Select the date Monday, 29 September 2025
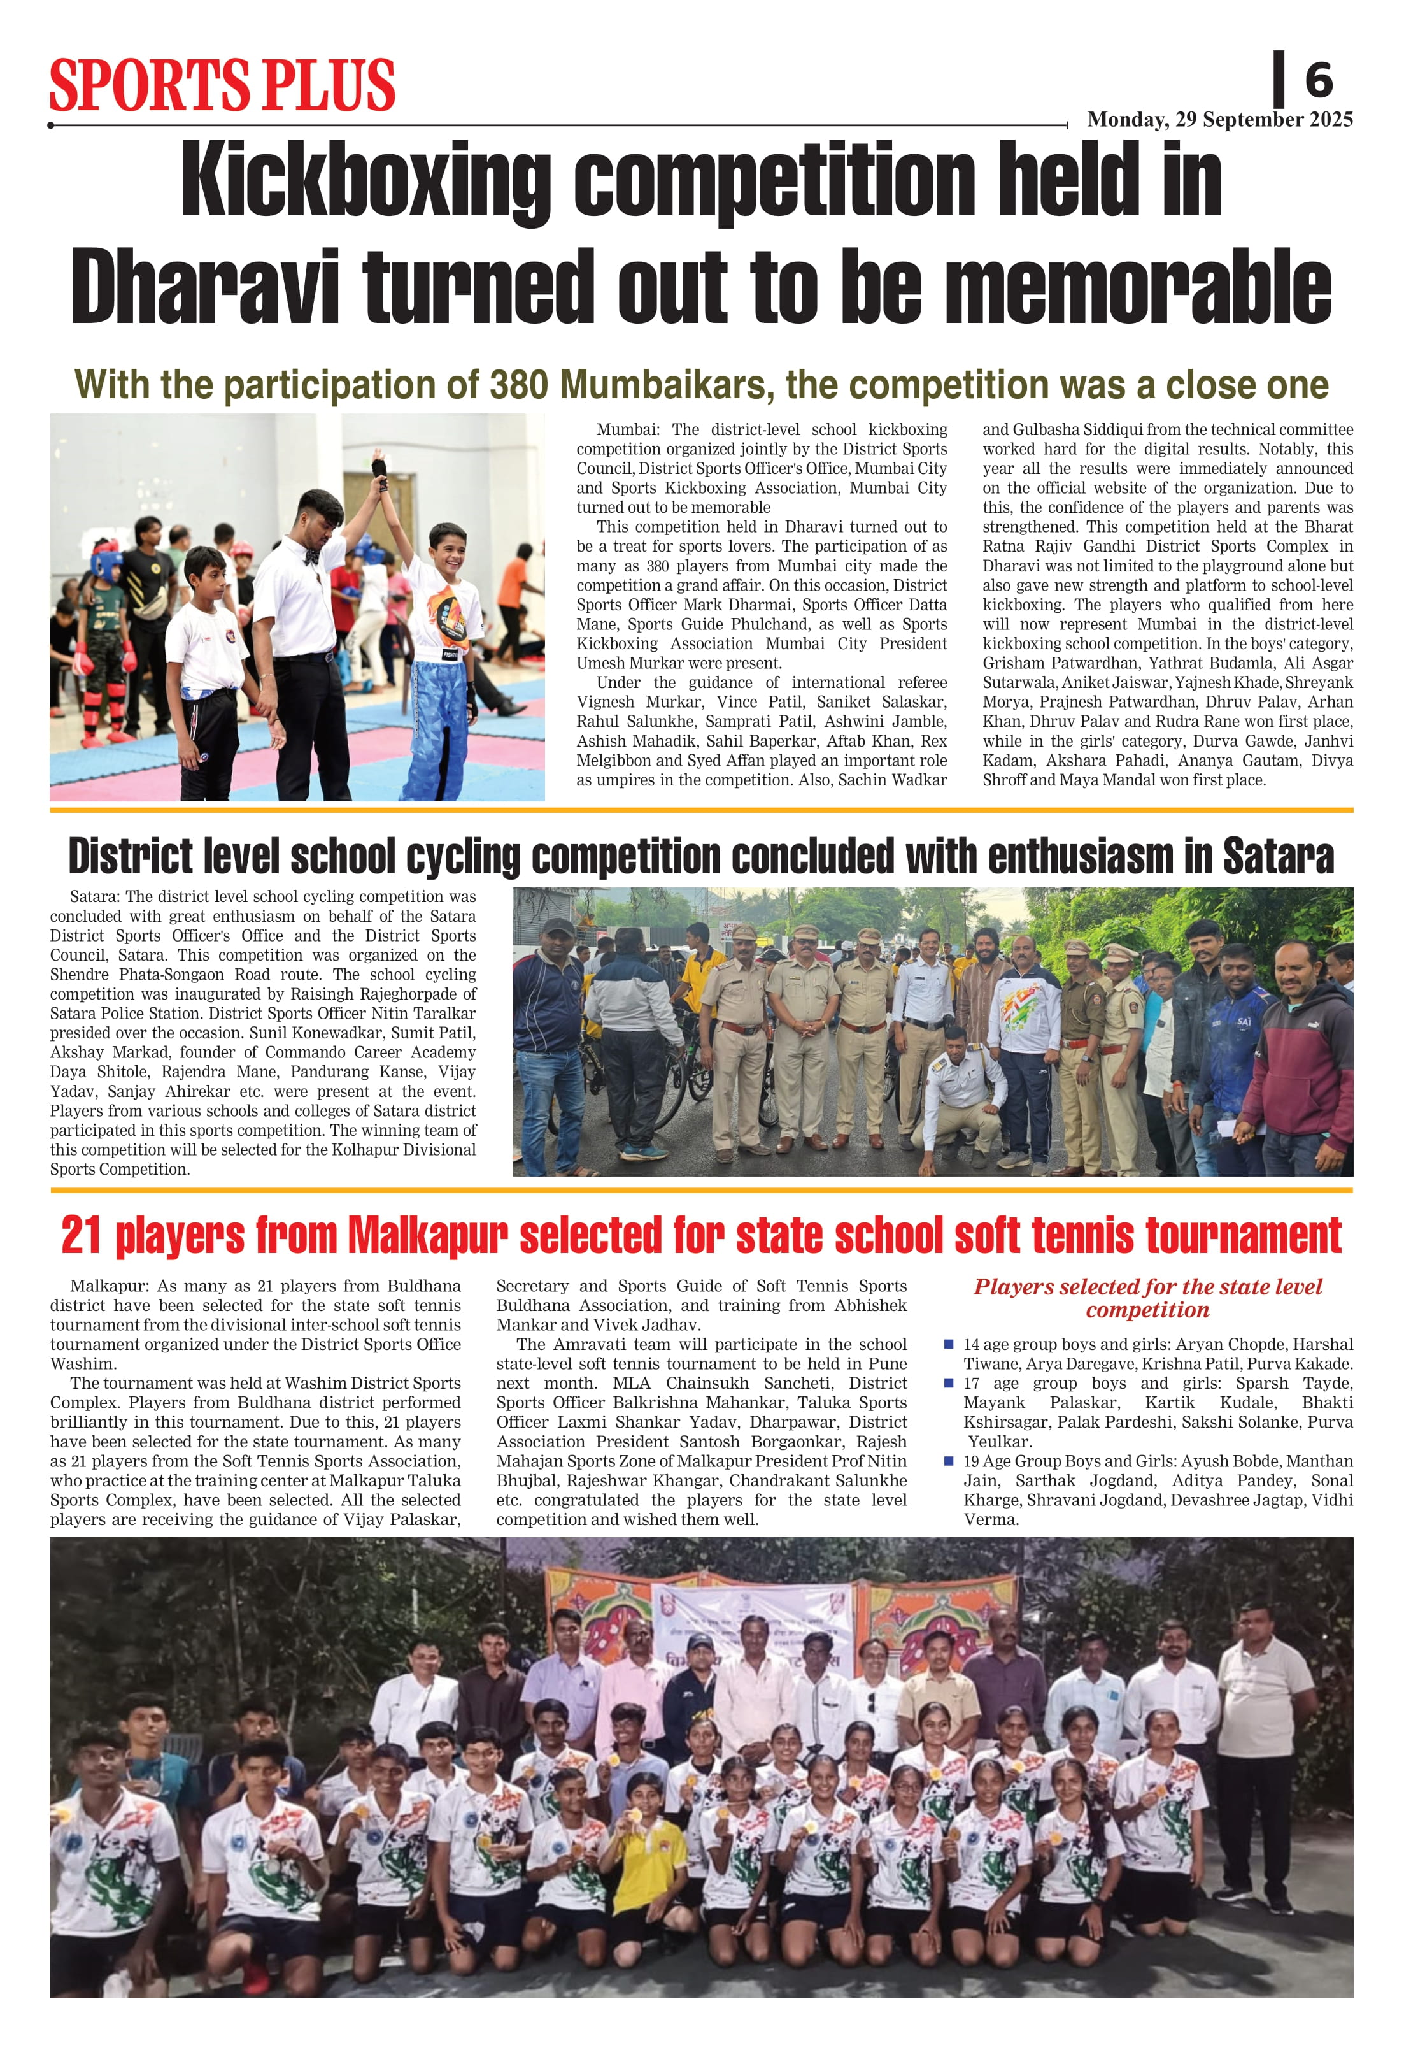coord(1219,120)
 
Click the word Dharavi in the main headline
coord(205,286)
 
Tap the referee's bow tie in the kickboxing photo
coord(311,557)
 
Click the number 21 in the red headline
coord(82,1236)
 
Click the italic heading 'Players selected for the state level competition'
coord(1147,1298)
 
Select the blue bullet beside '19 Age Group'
coord(948,1461)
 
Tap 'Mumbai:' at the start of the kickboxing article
coord(627,430)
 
